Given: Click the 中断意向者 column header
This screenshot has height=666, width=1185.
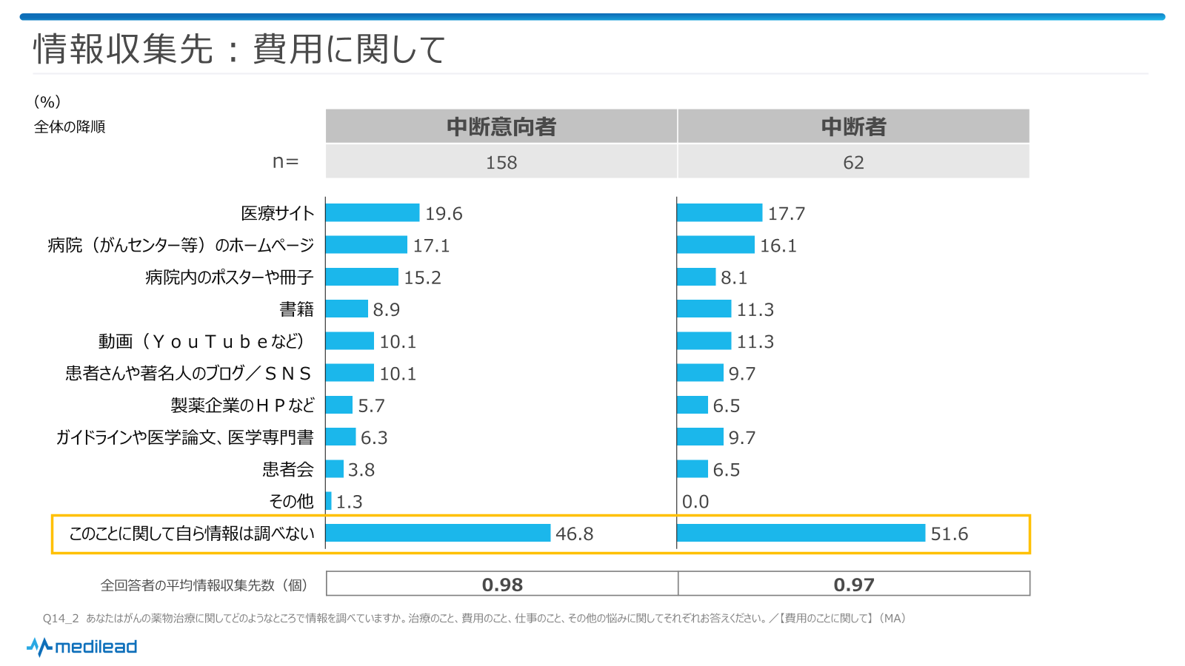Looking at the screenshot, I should click(501, 127).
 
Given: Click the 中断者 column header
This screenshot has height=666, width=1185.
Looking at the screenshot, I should click(853, 127).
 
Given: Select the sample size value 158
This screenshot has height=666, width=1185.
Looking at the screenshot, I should click(501, 163).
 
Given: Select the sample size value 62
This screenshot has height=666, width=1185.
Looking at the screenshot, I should click(853, 163).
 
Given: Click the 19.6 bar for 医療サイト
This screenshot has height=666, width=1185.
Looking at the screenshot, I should click(373, 213).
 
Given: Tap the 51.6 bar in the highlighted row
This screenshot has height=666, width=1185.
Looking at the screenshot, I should click(801, 533).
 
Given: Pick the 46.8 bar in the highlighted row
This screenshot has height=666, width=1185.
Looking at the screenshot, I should click(438, 533).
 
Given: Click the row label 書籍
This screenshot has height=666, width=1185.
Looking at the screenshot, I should click(296, 309).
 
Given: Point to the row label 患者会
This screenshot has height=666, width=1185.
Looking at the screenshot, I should click(288, 470).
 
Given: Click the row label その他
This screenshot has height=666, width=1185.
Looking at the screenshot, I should click(291, 502).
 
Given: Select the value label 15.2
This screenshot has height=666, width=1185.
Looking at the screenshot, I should click(422, 277).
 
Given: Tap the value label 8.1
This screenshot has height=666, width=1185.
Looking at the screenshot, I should click(734, 277).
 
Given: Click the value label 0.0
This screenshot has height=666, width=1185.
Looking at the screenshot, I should click(695, 502).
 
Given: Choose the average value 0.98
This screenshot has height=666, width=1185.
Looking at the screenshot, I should click(502, 585).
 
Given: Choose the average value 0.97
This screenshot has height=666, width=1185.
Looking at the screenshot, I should click(854, 585).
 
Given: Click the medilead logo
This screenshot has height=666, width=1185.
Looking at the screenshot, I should click(82, 647).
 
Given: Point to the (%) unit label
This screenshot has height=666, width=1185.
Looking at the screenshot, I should click(47, 102).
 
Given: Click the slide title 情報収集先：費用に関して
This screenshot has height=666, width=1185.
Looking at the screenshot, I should click(239, 50).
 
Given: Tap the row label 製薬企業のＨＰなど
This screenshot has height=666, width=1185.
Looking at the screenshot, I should click(242, 406).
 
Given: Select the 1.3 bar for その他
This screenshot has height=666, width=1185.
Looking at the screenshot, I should click(328, 502).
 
